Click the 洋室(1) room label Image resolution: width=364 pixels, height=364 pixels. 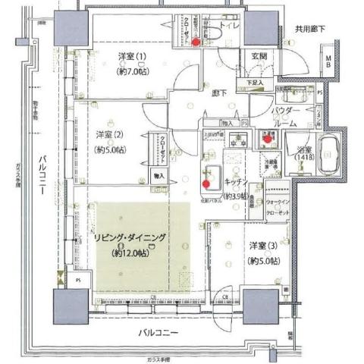click(x=132, y=58)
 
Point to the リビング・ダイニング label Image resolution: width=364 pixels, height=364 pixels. click(x=130, y=239)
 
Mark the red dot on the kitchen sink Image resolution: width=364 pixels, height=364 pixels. click(x=207, y=183)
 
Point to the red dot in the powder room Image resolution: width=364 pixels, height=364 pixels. click(x=267, y=139)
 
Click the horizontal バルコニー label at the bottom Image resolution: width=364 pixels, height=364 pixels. click(x=158, y=333)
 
